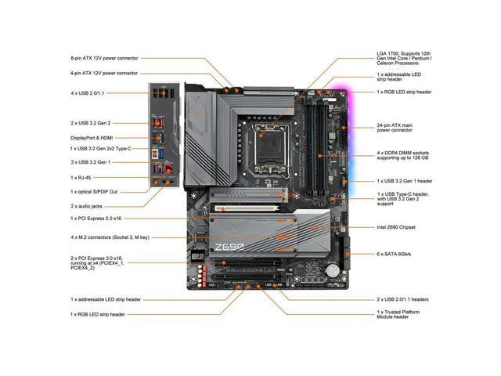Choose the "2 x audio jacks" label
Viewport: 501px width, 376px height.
[88, 205]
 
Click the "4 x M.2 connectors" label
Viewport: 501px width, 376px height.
[109, 237]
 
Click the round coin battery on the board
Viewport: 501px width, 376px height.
[333, 269]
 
